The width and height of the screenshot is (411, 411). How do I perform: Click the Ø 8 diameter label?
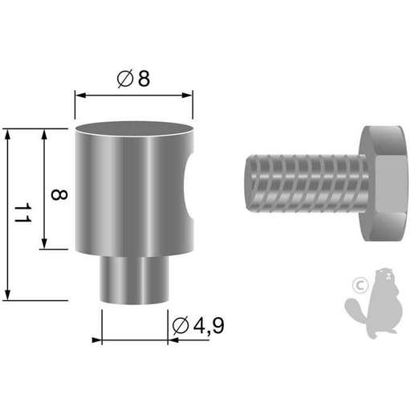pos(134,79)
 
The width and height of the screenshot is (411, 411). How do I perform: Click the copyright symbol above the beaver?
pos(361,283)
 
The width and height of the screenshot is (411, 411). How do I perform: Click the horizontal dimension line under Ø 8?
pos(134,95)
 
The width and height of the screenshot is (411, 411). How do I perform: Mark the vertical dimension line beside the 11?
pos(7,214)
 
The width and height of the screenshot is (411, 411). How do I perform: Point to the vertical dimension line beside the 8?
pos(43,189)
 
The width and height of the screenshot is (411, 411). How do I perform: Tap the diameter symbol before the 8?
pos(124,79)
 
